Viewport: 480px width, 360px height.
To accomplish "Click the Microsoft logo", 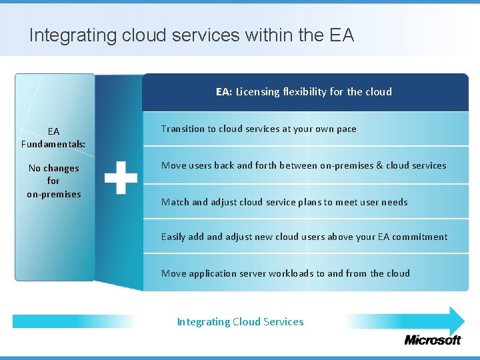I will [x=432, y=340].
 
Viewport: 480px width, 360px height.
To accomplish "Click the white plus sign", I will [x=121, y=177].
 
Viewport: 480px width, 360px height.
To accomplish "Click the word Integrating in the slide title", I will [x=73, y=35].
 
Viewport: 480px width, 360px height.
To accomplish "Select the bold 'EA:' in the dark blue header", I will [x=224, y=92].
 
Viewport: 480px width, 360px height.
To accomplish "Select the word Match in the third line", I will [x=175, y=202].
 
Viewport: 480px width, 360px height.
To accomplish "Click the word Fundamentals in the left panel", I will [x=53, y=144].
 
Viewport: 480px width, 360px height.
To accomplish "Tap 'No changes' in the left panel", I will [x=53, y=169].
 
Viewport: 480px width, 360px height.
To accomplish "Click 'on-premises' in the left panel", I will [x=53, y=194].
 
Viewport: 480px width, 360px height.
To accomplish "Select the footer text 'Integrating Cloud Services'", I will [x=240, y=322].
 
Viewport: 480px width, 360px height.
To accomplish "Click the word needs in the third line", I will [x=394, y=202].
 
